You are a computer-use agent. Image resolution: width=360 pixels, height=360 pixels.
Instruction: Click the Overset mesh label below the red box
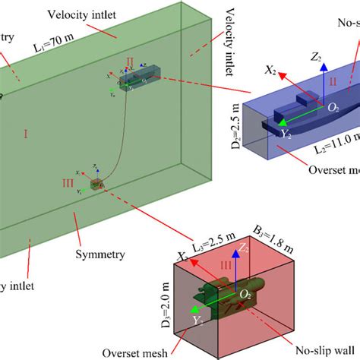click(134, 352)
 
